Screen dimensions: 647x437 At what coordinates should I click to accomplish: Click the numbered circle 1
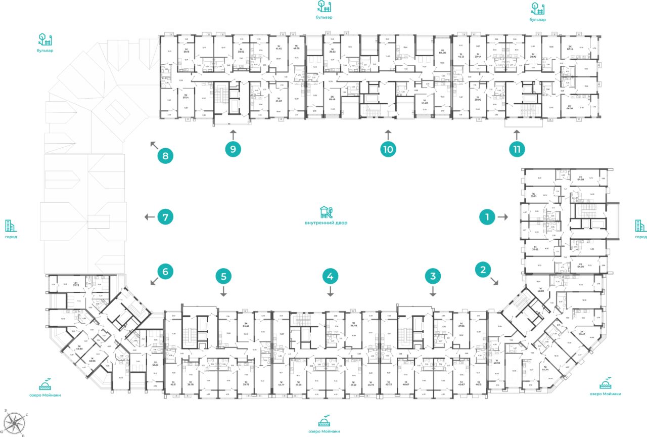(x=487, y=217)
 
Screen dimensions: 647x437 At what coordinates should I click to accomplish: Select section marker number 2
(x=483, y=270)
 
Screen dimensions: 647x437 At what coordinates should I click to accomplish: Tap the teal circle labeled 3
(x=433, y=276)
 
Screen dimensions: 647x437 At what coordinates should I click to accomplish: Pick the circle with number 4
(x=330, y=276)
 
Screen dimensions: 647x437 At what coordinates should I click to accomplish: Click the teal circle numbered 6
(x=165, y=272)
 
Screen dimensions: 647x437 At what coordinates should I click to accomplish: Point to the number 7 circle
(x=165, y=217)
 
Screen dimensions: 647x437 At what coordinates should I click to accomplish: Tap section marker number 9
(x=233, y=149)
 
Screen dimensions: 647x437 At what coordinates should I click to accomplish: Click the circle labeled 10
(x=388, y=149)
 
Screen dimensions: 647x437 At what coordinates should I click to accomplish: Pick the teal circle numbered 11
(x=516, y=149)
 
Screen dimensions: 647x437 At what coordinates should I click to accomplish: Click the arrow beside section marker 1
(x=502, y=217)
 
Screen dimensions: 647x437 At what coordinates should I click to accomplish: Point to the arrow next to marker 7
(x=149, y=217)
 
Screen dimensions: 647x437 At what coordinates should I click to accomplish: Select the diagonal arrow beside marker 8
(x=153, y=145)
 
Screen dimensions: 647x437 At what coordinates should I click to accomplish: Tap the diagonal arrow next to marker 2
(x=495, y=282)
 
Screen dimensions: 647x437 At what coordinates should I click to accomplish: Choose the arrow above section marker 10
(x=388, y=134)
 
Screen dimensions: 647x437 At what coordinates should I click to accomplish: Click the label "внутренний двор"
(x=326, y=223)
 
